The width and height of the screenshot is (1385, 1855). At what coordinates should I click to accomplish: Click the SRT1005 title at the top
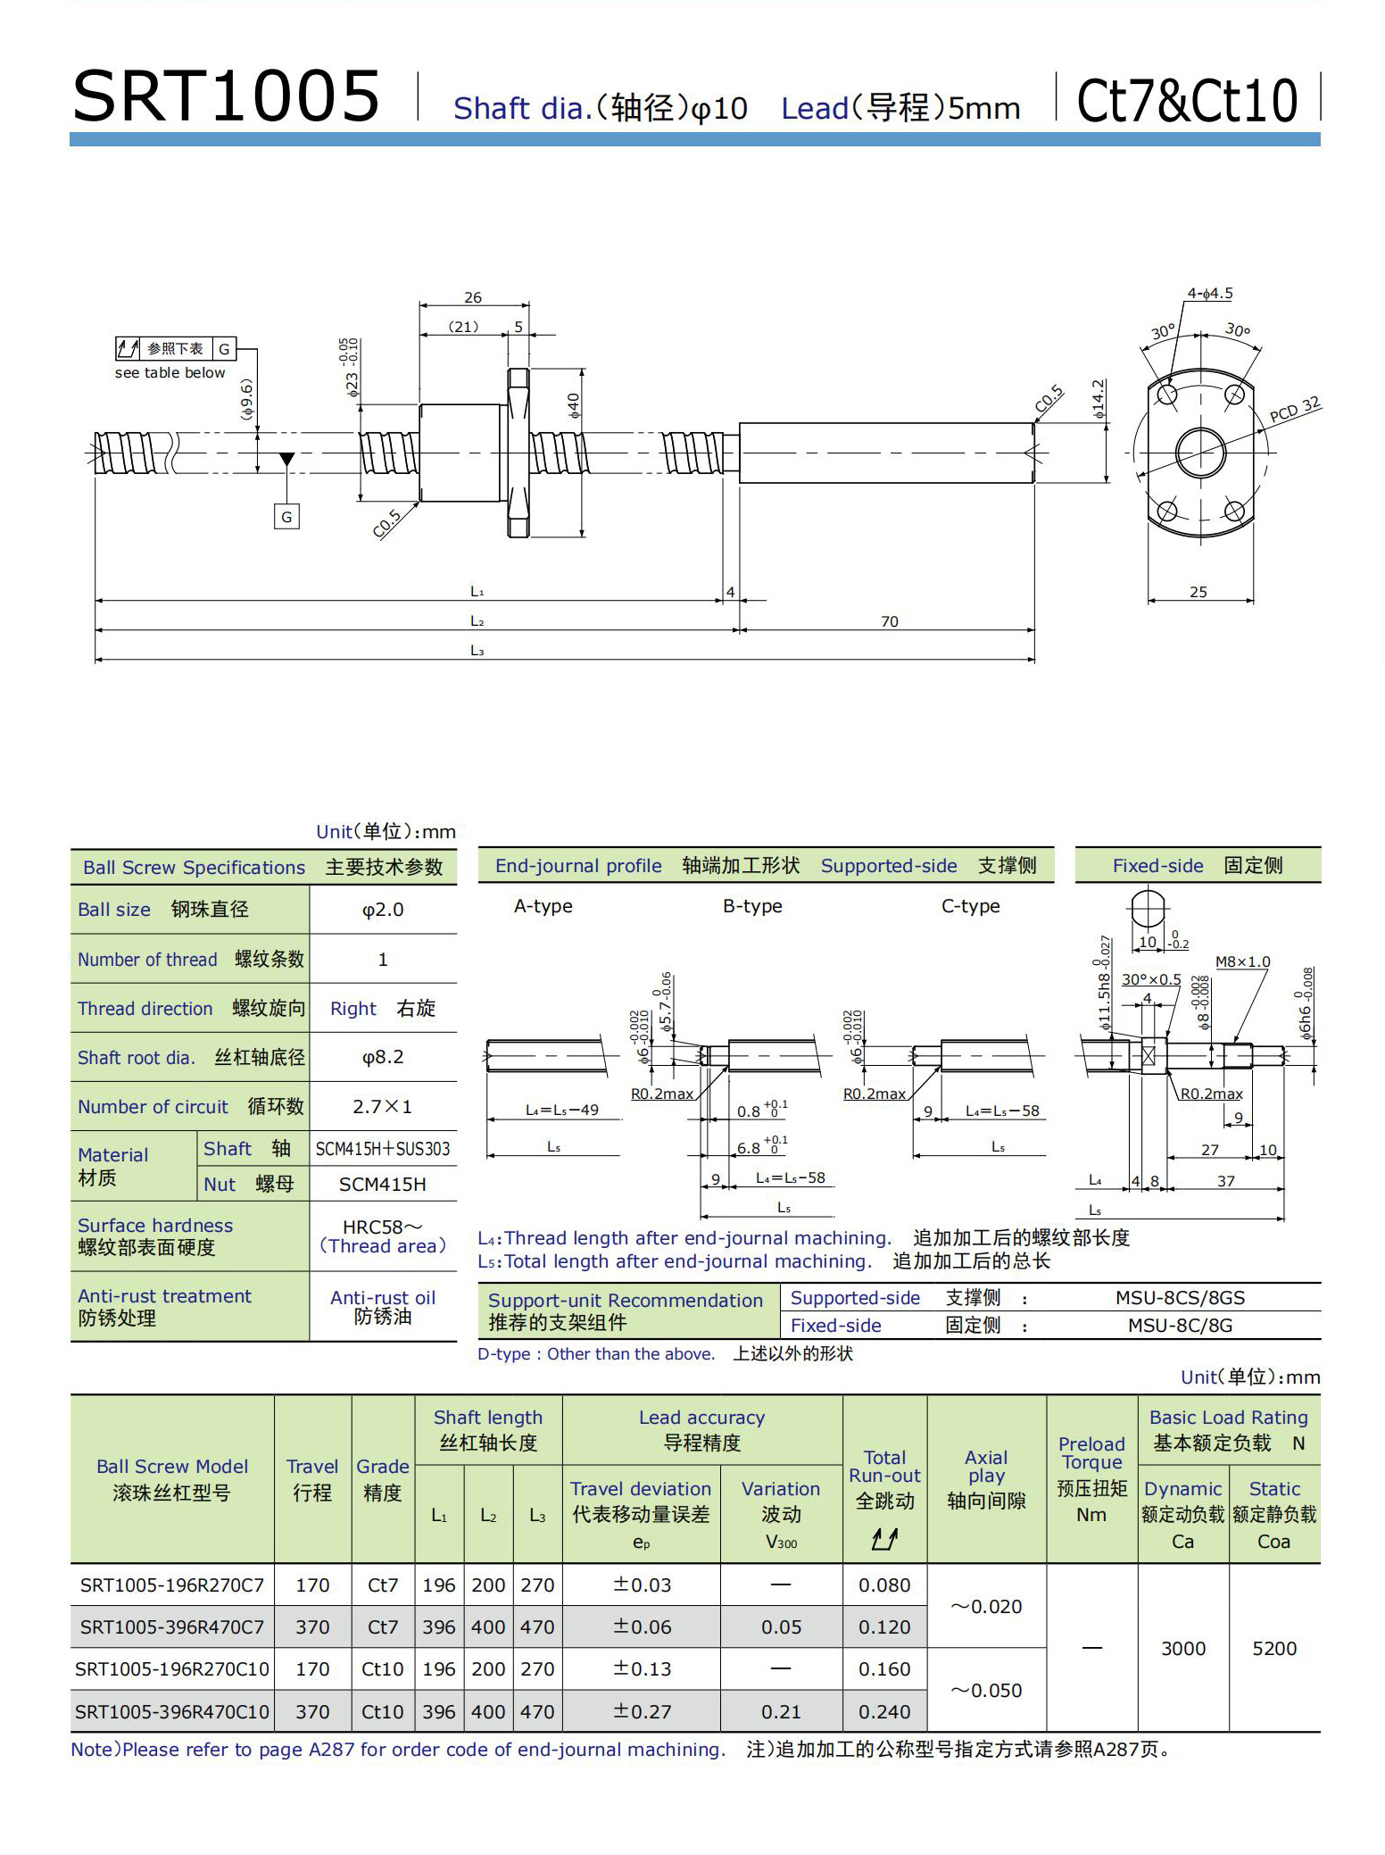coord(226,96)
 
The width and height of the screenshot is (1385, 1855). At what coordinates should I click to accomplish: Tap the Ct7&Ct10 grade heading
coord(1187,100)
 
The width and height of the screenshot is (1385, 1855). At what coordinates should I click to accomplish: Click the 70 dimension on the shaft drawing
coord(889,621)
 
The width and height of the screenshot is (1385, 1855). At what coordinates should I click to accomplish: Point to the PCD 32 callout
coord(1294,409)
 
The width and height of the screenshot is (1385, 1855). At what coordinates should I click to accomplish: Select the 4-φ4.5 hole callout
coord(1209,294)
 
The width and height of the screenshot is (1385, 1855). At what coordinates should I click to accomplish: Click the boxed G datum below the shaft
coord(286,517)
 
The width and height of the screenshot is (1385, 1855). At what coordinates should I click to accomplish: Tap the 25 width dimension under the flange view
coord(1198,592)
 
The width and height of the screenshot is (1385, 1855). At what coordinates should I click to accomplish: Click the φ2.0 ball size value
coord(383,910)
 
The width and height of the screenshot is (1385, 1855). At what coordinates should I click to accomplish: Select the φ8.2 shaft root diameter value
coord(383,1057)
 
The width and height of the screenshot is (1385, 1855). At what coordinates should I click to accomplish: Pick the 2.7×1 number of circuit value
coord(383,1107)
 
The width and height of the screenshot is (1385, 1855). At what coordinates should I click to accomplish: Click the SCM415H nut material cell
coord(383,1185)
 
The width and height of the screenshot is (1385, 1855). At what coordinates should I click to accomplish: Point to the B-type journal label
coord(752,906)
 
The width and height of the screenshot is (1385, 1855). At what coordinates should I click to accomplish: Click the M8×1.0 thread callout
coord(1242,961)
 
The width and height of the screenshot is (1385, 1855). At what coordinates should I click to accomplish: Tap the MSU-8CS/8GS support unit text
coord(1180,1298)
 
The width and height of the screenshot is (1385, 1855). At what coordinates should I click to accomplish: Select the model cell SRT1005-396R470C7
coord(172,1627)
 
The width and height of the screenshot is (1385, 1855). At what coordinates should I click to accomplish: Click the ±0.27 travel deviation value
coord(642,1712)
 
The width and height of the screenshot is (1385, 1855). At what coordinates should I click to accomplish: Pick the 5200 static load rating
coord(1274,1649)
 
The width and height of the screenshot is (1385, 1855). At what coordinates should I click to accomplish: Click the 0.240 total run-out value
coord(884,1712)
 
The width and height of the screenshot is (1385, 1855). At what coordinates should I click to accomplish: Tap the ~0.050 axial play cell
coord(986,1691)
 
